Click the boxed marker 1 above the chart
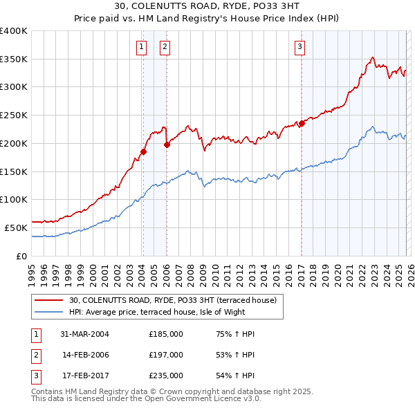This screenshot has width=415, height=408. (142, 47)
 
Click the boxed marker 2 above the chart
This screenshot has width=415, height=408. (165, 47)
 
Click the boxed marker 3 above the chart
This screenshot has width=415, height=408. (300, 47)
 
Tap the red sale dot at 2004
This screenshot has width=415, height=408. (143, 151)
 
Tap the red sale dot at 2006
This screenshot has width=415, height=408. (167, 145)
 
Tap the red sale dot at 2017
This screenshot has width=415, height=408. (302, 123)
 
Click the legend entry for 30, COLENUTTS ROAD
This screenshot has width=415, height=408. (173, 300)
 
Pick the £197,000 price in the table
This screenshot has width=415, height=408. (166, 355)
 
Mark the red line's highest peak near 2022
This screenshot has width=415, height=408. (372, 57)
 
